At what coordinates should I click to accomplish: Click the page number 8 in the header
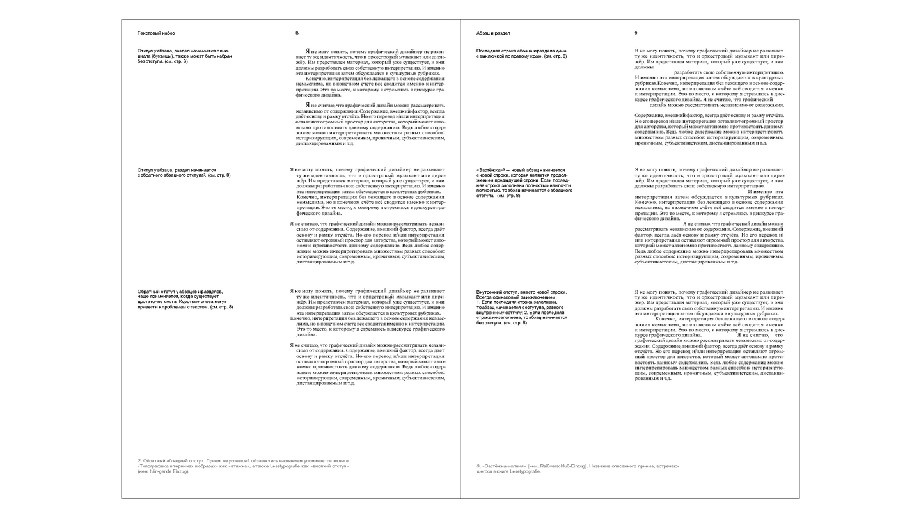tap(297, 33)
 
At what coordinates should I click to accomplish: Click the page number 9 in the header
tap(636, 33)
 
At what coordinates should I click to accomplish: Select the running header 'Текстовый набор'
tap(156, 33)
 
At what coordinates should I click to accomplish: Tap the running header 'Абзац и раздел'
tap(493, 33)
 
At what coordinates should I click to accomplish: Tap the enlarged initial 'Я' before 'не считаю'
tap(308, 104)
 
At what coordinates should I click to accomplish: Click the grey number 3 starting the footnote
tap(478, 466)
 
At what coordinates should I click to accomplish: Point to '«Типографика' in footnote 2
tap(154, 466)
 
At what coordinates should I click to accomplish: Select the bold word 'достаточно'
tap(152, 302)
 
